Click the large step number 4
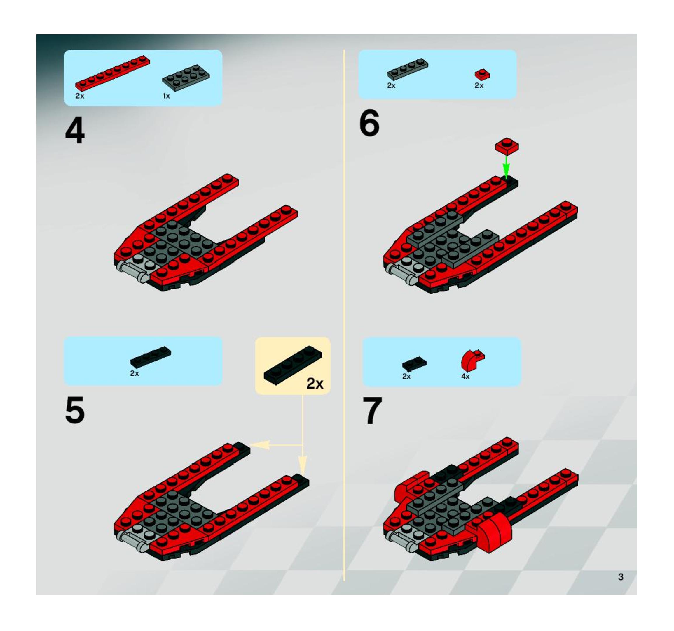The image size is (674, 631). click(x=75, y=132)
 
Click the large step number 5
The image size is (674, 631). click(x=75, y=410)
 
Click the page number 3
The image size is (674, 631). click(x=620, y=576)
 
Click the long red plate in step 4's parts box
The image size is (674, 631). click(x=113, y=73)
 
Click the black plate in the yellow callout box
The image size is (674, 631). click(x=293, y=365)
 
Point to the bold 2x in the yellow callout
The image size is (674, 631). click(x=315, y=384)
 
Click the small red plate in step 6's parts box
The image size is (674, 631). click(x=482, y=74)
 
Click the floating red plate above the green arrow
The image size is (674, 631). click(x=507, y=146)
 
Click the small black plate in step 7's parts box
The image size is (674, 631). click(x=414, y=364)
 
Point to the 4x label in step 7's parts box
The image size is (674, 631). click(x=465, y=377)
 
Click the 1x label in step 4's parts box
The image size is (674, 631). click(x=166, y=96)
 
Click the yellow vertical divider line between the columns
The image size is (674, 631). click(x=344, y=316)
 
